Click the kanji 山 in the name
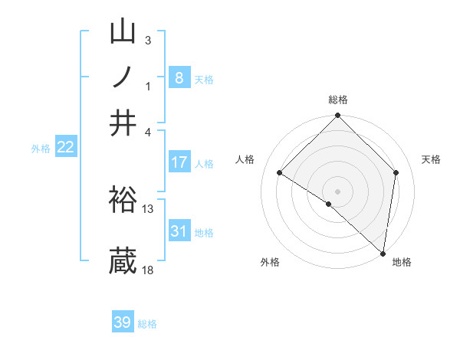point(123,32)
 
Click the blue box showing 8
point(179,78)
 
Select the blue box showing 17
point(179,162)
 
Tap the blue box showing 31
point(179,231)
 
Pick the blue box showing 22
point(65,148)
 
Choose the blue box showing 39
point(123,322)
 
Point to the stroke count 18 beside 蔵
point(148,270)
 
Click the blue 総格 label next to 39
point(148,324)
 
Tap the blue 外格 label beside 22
point(41,149)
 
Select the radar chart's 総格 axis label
point(338,100)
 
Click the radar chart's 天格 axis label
point(432,159)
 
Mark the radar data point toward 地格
point(383,253)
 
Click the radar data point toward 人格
point(280,173)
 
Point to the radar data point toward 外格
point(329,205)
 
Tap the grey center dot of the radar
point(338,191)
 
